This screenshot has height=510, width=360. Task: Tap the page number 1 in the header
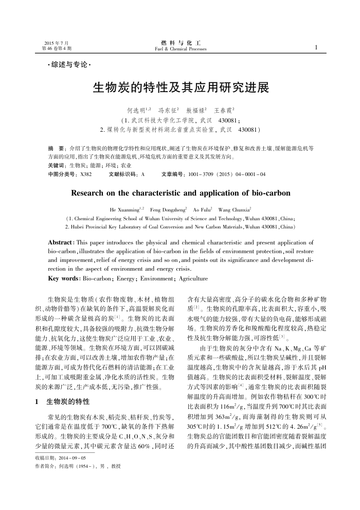point(316,47)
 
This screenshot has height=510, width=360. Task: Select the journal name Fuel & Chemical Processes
point(180,49)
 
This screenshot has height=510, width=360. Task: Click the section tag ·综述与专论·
point(69,65)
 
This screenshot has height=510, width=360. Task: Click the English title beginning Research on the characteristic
point(180,194)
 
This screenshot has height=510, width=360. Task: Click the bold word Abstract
point(60,242)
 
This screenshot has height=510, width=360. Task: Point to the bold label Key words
point(63,278)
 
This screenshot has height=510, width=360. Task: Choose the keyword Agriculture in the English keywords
point(191,278)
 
